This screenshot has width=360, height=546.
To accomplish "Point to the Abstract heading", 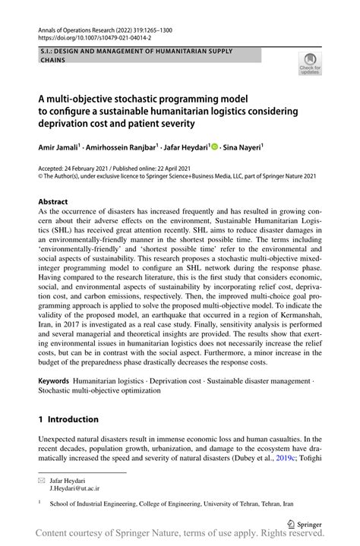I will pyautogui.click(x=55, y=203).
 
